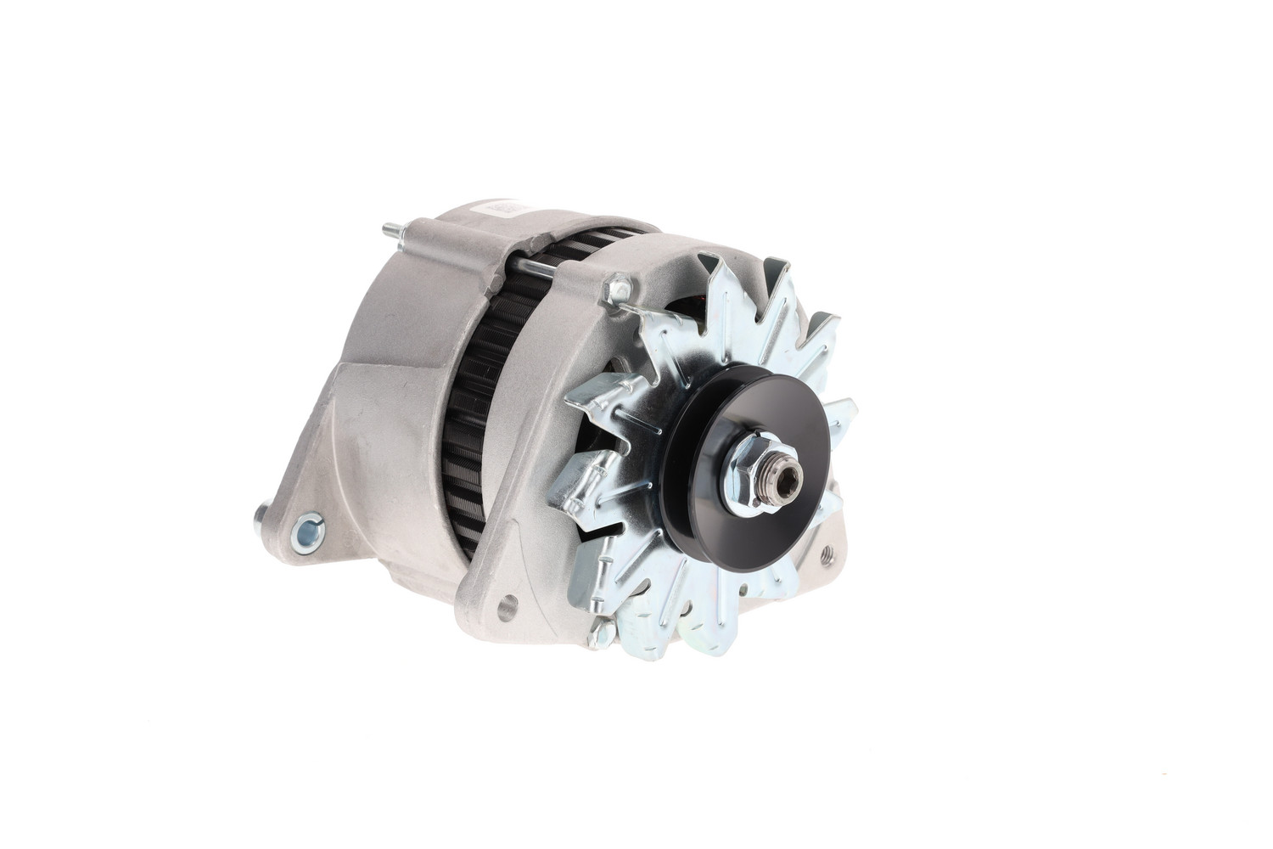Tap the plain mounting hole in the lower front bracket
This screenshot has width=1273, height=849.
pyautogui.click(x=507, y=605)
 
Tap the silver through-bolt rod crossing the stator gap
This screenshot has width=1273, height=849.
pyautogui.click(x=533, y=269)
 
